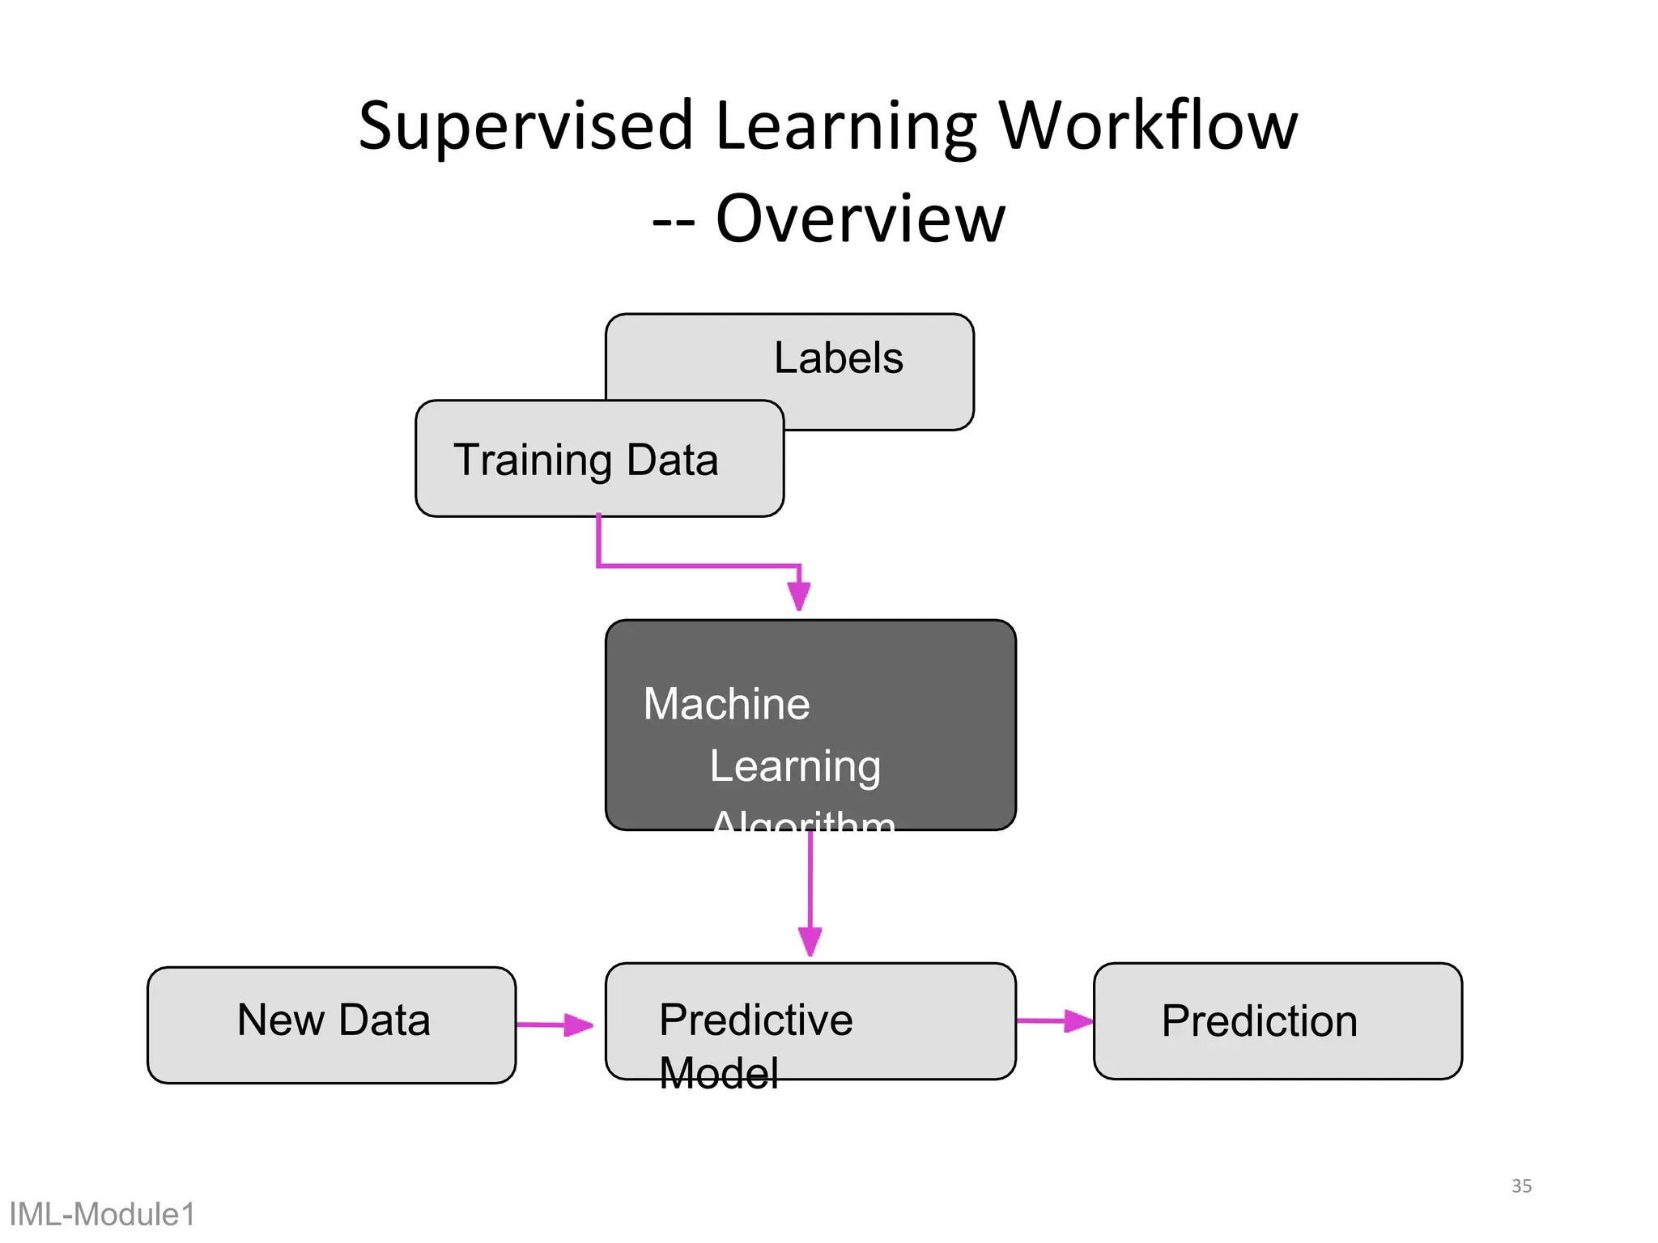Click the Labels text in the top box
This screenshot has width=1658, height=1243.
(x=838, y=358)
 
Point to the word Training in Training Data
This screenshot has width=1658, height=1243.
(x=533, y=460)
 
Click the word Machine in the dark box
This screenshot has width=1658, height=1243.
(x=726, y=703)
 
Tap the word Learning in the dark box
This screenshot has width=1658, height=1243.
(x=795, y=766)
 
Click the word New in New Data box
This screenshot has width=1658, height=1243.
(x=280, y=1020)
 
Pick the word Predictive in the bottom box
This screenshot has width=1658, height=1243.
(x=755, y=1020)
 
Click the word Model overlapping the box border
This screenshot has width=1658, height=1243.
(x=718, y=1073)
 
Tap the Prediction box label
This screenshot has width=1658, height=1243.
(x=1259, y=1020)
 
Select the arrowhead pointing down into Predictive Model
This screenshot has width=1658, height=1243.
(x=810, y=941)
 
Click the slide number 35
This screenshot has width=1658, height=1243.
(x=1521, y=1186)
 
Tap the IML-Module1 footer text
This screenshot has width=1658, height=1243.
(x=102, y=1214)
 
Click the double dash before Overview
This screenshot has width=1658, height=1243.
(x=673, y=221)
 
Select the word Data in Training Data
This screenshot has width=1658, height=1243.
(x=672, y=460)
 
